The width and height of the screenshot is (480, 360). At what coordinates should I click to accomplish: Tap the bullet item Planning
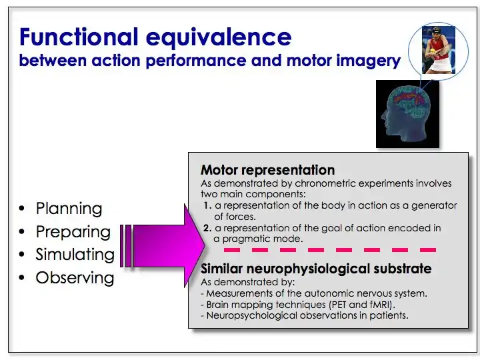click(69, 209)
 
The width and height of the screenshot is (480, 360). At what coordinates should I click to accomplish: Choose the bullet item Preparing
click(73, 232)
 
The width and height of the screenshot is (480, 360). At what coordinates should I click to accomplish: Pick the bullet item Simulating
click(75, 255)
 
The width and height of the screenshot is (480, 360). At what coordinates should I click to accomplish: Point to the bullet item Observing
click(75, 277)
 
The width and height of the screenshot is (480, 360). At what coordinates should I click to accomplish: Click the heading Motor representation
click(267, 170)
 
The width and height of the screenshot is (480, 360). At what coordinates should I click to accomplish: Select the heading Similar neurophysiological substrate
click(315, 269)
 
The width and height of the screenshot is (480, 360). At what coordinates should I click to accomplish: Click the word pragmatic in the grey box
click(250, 239)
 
